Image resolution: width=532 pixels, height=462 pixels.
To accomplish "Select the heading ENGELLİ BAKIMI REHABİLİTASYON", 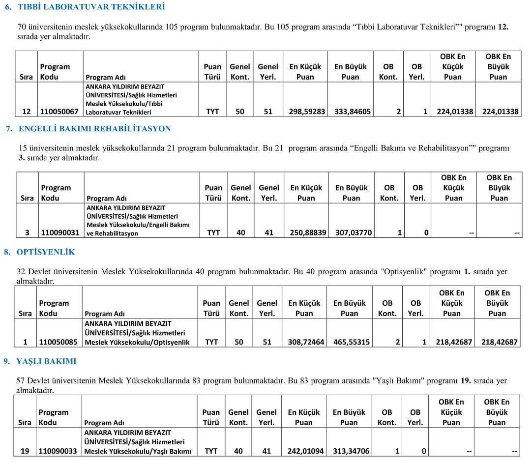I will pos(94,129).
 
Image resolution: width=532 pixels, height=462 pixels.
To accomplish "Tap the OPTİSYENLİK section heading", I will pos(46,252).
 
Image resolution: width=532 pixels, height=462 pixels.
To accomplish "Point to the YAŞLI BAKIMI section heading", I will pos(46,361).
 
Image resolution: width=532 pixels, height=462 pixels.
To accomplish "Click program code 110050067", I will pos(59,112).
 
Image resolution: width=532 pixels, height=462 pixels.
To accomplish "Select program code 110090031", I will pos(59,233).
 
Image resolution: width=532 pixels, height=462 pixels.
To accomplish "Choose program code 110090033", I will pos(58,451).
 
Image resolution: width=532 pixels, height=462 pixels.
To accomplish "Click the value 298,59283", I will pos(307,112).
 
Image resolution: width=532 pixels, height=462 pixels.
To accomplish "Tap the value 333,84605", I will pos(353,112).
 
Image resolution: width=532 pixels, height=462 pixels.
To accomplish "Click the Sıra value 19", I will pos(25,451).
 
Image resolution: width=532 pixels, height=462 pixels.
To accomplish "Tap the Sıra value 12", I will pos(27,112).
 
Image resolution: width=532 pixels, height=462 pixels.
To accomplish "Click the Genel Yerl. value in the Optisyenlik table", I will pos(267,342).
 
